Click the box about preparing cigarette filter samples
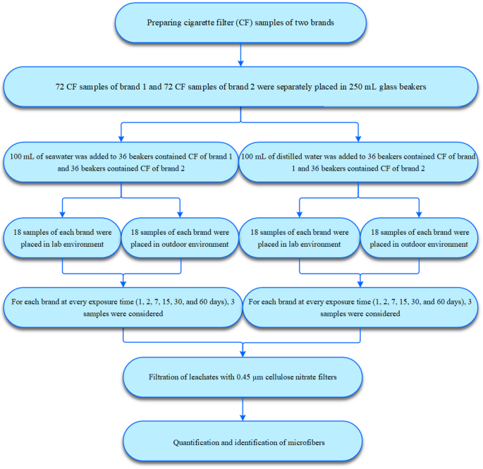point(240,23)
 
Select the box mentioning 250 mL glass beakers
point(240,87)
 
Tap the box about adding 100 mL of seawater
point(121,162)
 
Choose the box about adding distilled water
point(358,162)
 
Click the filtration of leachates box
point(243,377)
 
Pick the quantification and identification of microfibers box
point(243,441)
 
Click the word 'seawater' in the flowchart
point(59,157)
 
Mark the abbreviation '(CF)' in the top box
point(244,23)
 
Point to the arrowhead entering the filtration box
point(243,354)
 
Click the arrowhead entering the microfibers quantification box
point(243,418)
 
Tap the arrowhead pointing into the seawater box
point(121,139)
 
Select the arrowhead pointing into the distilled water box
point(358,139)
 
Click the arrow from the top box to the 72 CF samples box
point(240,55)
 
